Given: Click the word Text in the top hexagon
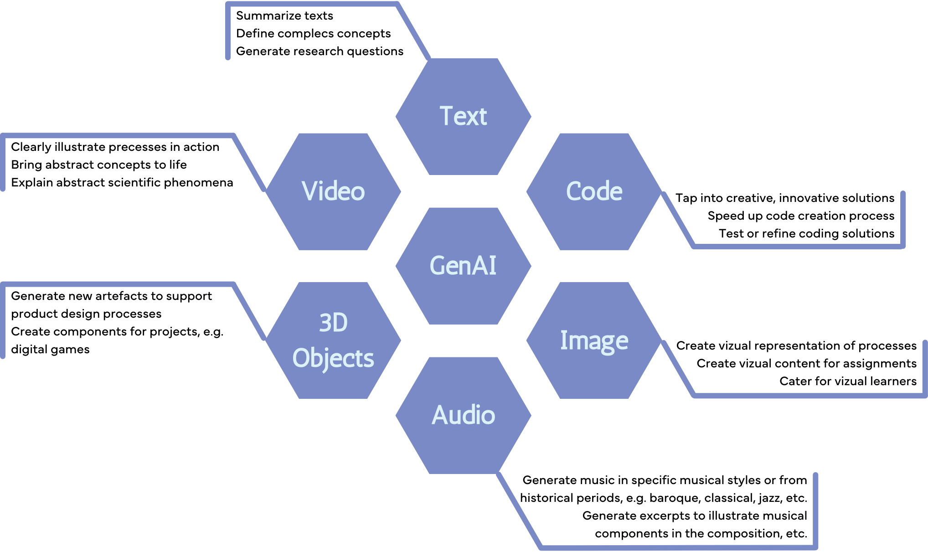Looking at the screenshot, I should coord(463,116).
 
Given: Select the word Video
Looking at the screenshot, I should coord(333,191).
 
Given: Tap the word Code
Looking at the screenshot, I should coord(594,191).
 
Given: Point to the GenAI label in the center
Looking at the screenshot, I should coord(463,266).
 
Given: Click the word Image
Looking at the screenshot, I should coord(594,341).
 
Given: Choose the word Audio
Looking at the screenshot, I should coord(463,415).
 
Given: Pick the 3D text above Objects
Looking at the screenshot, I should coord(333,323).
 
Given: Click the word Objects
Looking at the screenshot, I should coord(333,358).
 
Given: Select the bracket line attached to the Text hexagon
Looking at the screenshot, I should coord(313,5).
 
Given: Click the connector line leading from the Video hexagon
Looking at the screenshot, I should coord(119,136).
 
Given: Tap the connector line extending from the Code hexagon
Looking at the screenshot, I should coord(798,247).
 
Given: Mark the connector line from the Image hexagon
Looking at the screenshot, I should coord(807,396).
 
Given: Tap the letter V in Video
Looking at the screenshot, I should coord(309,191).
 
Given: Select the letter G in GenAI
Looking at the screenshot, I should coord(438,266).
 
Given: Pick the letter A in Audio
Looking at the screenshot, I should coord(440,415).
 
